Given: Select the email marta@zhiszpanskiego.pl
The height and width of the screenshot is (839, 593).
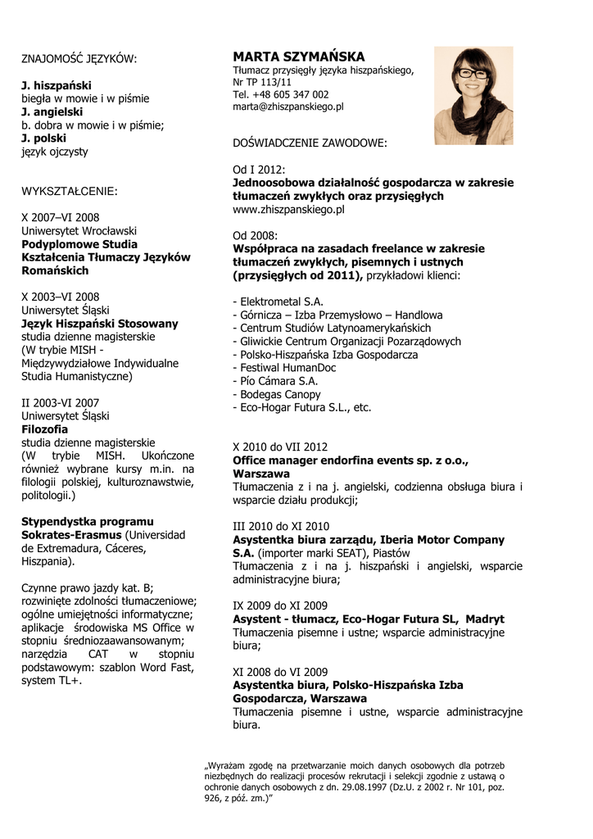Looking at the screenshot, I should (287, 107).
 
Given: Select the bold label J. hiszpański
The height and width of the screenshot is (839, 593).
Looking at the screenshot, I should (57, 85).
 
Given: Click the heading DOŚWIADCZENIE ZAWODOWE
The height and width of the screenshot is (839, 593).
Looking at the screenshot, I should (310, 143).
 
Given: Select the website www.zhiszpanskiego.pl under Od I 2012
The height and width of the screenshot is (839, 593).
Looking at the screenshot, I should (288, 210).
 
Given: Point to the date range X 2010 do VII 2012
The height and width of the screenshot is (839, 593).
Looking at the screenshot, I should (280, 447).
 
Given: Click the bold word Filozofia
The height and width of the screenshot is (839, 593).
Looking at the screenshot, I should (44, 429).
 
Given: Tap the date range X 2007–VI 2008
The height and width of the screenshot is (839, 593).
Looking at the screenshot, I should (60, 218).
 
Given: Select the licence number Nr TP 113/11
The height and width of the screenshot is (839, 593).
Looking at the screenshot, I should (262, 82).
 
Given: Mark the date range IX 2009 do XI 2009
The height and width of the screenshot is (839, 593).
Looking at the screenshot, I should (280, 605).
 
